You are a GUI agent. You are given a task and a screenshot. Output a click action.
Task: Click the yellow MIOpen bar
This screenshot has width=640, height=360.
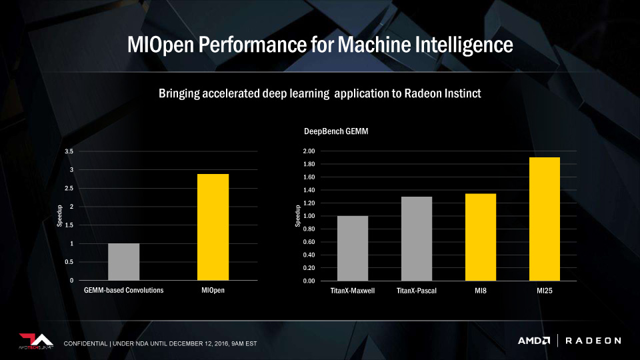213,227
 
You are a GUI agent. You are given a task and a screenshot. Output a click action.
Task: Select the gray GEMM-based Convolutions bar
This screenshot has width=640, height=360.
123,261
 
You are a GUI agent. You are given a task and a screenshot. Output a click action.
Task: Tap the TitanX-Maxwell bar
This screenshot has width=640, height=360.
352,248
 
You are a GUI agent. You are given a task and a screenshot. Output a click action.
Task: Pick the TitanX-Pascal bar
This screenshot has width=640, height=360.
416,239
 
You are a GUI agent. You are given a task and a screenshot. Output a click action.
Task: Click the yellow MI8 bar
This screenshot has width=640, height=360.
480,237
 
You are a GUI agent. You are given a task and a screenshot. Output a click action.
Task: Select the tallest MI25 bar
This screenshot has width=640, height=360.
544,219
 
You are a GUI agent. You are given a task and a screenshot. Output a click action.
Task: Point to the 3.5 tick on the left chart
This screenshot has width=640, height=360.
69,151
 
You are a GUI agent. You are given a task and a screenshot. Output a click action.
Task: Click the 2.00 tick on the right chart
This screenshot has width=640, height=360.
308,151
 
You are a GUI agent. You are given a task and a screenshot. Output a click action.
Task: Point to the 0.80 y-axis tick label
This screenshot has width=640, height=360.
308,229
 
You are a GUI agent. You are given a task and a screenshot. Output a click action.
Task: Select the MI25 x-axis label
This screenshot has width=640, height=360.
544,291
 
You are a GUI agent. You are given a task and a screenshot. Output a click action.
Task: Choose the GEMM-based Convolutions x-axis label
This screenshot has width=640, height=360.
123,291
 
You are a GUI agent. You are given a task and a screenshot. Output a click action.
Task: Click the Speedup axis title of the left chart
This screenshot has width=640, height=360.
59,216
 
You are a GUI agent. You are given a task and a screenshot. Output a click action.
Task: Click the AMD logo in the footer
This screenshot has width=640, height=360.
533,341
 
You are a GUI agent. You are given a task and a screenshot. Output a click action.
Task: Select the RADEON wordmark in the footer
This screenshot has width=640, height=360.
593,341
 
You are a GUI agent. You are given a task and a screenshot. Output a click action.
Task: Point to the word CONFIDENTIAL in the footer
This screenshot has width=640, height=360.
86,343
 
